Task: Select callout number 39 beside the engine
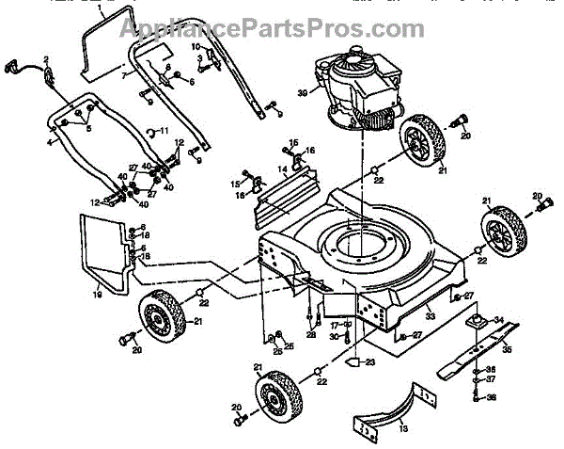[x=303, y=91]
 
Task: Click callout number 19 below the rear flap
[x=97, y=296]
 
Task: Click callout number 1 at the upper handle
[x=100, y=8]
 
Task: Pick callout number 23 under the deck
[x=370, y=361]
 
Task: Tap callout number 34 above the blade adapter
[x=500, y=318]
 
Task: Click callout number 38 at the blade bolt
[x=492, y=398]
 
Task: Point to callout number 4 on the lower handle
[x=49, y=143]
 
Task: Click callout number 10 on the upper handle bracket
[x=196, y=46]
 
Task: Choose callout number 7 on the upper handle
[x=122, y=72]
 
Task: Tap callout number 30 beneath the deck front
[x=335, y=337]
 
